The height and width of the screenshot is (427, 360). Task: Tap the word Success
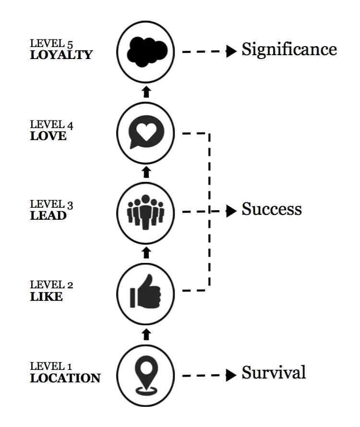pyautogui.click(x=272, y=209)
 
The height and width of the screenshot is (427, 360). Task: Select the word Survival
pyautogui.click(x=274, y=372)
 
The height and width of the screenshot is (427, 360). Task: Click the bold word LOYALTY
pyautogui.click(x=61, y=55)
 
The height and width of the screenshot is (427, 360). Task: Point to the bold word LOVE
pyautogui.click(x=48, y=136)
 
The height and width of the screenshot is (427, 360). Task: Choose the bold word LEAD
pyautogui.click(x=48, y=215)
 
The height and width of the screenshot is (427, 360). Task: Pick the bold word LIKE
pyautogui.click(x=47, y=297)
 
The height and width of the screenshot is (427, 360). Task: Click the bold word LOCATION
pyautogui.click(x=65, y=378)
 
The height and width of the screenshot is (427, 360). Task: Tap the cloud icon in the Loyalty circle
pyautogui.click(x=147, y=52)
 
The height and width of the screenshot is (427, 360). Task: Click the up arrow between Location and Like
pyautogui.click(x=146, y=334)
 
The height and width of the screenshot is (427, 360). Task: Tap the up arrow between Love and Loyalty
pyautogui.click(x=146, y=92)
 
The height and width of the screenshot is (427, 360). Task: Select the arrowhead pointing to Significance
pyautogui.click(x=231, y=51)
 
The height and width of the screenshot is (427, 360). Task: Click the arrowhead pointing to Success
pyautogui.click(x=231, y=211)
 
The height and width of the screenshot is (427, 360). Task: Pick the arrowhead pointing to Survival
pyautogui.click(x=231, y=375)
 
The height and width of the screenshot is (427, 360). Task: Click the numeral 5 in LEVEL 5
pyautogui.click(x=70, y=45)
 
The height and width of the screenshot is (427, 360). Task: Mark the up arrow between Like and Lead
pyautogui.click(x=146, y=253)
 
